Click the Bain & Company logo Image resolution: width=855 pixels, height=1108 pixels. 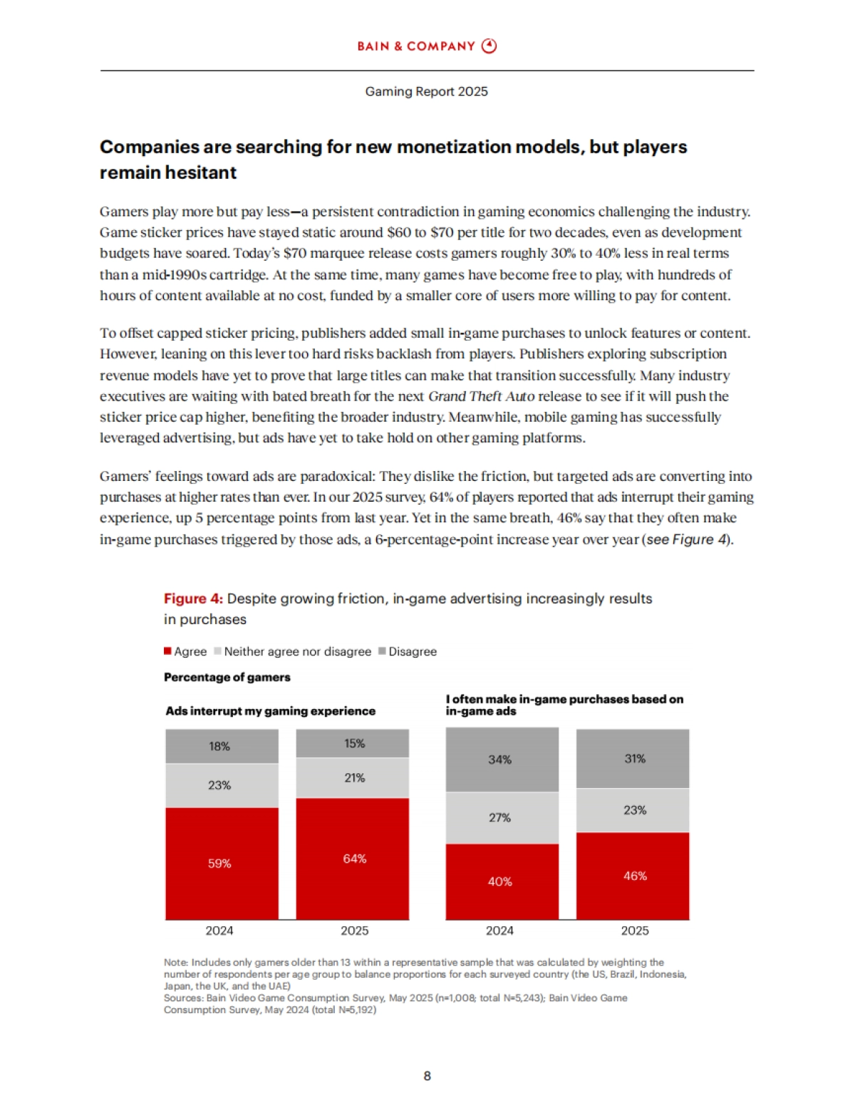(x=427, y=46)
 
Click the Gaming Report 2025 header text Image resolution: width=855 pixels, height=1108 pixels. (x=426, y=91)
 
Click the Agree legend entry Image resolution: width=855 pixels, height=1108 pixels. (x=185, y=651)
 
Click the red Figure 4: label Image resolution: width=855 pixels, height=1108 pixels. (x=193, y=599)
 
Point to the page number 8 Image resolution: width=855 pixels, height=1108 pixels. (x=427, y=1076)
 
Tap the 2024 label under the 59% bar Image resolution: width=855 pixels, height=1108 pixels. (x=219, y=931)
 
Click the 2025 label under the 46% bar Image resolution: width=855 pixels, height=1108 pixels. (x=634, y=931)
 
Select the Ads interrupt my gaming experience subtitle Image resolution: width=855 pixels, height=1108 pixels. (x=270, y=711)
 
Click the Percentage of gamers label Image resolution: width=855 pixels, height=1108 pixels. (x=227, y=677)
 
